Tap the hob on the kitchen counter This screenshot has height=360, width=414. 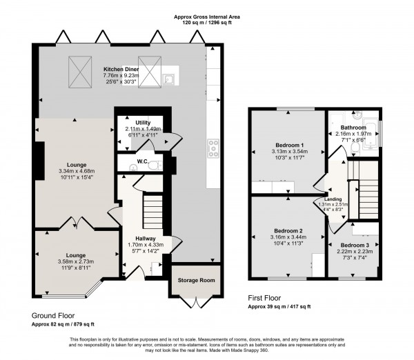tap(212, 146)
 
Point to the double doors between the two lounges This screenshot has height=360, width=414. tap(72, 225)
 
